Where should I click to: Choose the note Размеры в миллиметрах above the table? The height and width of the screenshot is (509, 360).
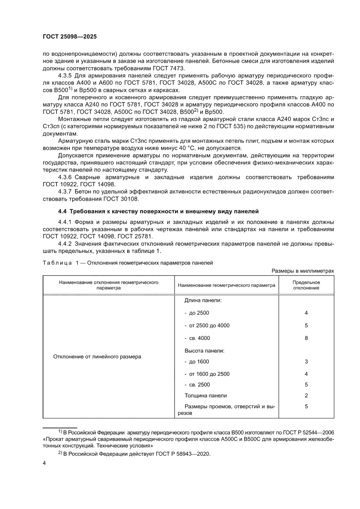(x=303, y=271)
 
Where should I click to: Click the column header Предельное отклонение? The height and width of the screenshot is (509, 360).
(x=306, y=285)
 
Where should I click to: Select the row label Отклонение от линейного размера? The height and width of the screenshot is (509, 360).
(x=97, y=356)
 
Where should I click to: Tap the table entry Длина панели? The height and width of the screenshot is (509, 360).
(x=203, y=300)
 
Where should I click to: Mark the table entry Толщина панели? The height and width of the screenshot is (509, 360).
(x=205, y=395)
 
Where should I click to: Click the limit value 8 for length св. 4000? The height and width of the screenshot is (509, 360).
(x=306, y=338)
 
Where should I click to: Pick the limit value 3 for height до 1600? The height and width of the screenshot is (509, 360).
(x=306, y=362)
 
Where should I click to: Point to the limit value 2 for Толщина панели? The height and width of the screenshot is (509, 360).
(x=306, y=395)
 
